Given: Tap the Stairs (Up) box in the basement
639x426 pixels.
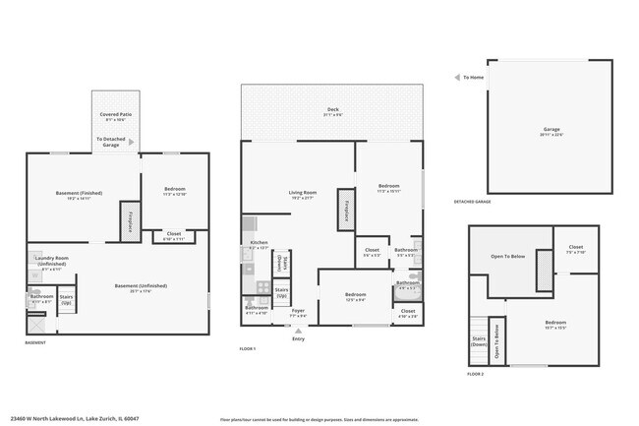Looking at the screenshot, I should click(x=67, y=299).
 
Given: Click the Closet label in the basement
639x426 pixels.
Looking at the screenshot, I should click(x=173, y=236).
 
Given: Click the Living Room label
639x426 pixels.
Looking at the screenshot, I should click(x=301, y=195).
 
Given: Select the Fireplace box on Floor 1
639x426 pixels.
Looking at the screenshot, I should click(x=346, y=211).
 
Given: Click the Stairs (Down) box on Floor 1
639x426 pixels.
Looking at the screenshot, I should click(x=281, y=263).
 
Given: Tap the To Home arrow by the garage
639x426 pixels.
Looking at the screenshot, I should click(x=457, y=77).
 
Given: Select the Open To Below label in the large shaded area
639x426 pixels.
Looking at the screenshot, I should click(x=508, y=258).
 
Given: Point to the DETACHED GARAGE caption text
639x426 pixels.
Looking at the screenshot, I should click(x=472, y=202).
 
